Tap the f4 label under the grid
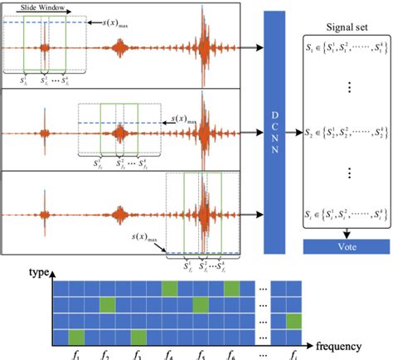[170, 353]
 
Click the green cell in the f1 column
[76, 337]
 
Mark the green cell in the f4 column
[170, 288]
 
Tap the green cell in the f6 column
[232, 288]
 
